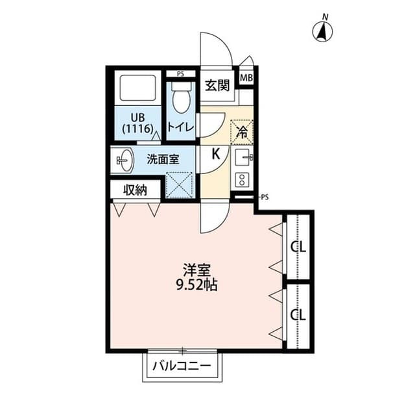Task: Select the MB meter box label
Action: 246,78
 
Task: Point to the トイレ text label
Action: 181,127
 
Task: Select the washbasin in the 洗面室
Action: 123,160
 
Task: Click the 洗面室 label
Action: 160,158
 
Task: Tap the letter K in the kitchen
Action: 215,155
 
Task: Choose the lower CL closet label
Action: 298,315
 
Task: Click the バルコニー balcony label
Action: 182,366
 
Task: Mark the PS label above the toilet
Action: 180,74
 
